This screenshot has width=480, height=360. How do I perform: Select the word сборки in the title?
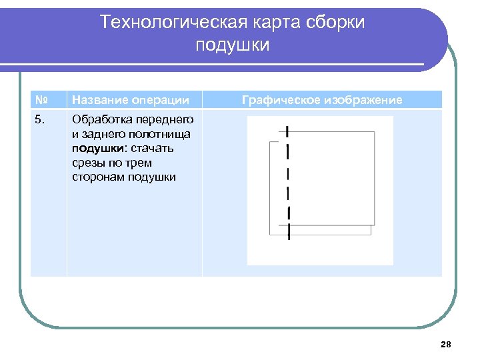pos(337,22)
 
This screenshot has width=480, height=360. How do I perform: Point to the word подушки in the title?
pos(233,45)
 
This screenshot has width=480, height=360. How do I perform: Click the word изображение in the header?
pos(363,100)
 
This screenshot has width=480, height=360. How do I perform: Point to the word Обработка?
pos(100,120)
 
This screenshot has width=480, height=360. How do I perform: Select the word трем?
pos(139,163)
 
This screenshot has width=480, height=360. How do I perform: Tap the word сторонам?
pos(99,177)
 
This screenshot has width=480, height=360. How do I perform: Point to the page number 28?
pos(446,344)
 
